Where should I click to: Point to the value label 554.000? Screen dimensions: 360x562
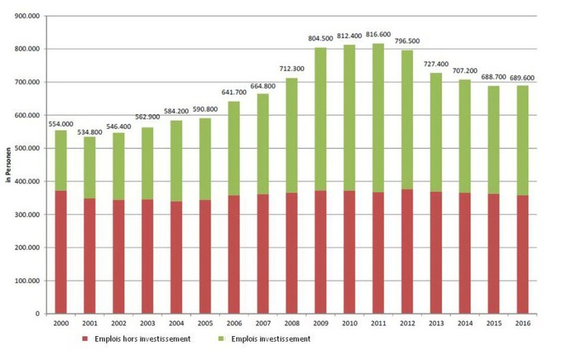61,123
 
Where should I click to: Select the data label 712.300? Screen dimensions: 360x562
291,70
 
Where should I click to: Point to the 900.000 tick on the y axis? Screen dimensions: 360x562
25,16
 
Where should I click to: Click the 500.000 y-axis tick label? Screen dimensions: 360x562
25,148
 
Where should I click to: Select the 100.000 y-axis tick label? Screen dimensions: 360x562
25,280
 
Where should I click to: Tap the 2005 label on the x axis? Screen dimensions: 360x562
204,324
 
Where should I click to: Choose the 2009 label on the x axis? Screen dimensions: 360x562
320,324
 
